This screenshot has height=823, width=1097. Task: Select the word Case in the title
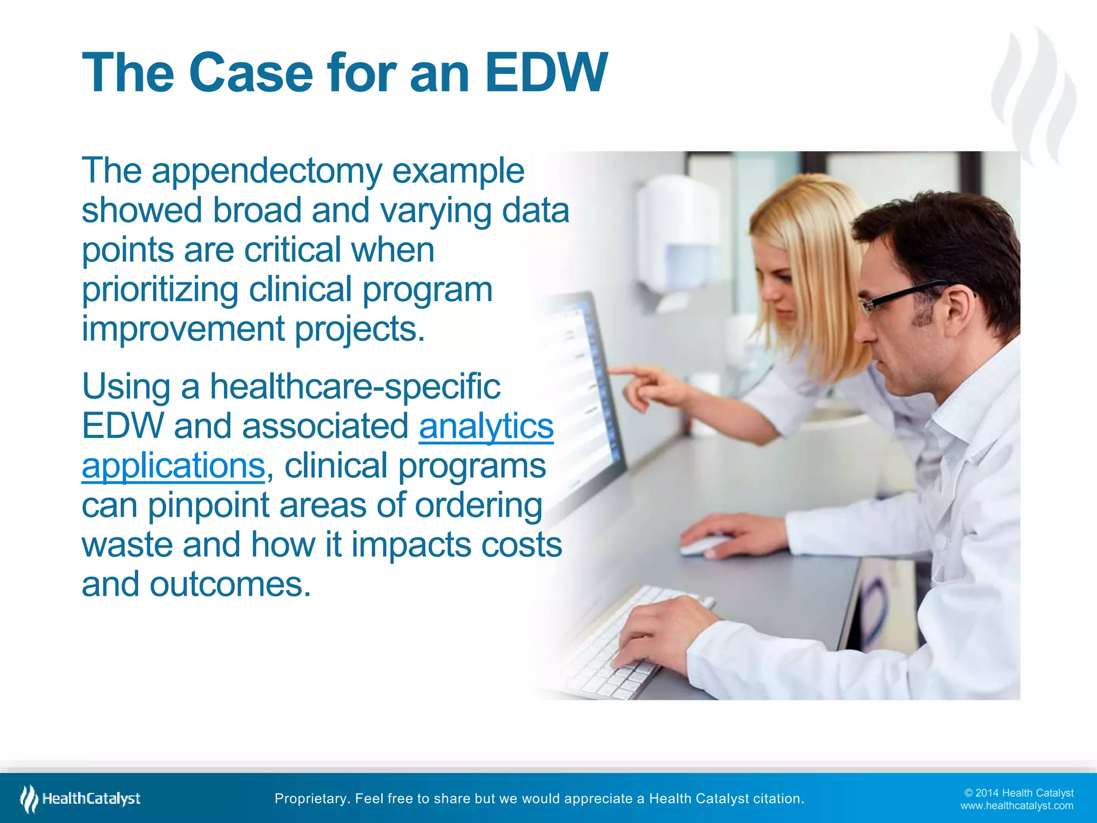[250, 73]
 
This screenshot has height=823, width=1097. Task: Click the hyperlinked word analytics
[486, 427]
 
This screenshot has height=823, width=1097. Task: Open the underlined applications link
[173, 466]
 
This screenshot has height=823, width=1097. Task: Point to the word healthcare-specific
[355, 387]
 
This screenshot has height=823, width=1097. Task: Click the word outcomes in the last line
[230, 584]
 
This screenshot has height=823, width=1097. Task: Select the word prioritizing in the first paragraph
[160, 290]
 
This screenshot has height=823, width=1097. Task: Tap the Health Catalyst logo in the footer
[80, 798]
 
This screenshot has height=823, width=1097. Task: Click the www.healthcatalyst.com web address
[1016, 806]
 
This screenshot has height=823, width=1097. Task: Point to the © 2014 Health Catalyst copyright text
[1018, 792]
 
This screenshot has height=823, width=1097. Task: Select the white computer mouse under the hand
[702, 545]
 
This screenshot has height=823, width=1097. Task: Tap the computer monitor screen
[584, 386]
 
